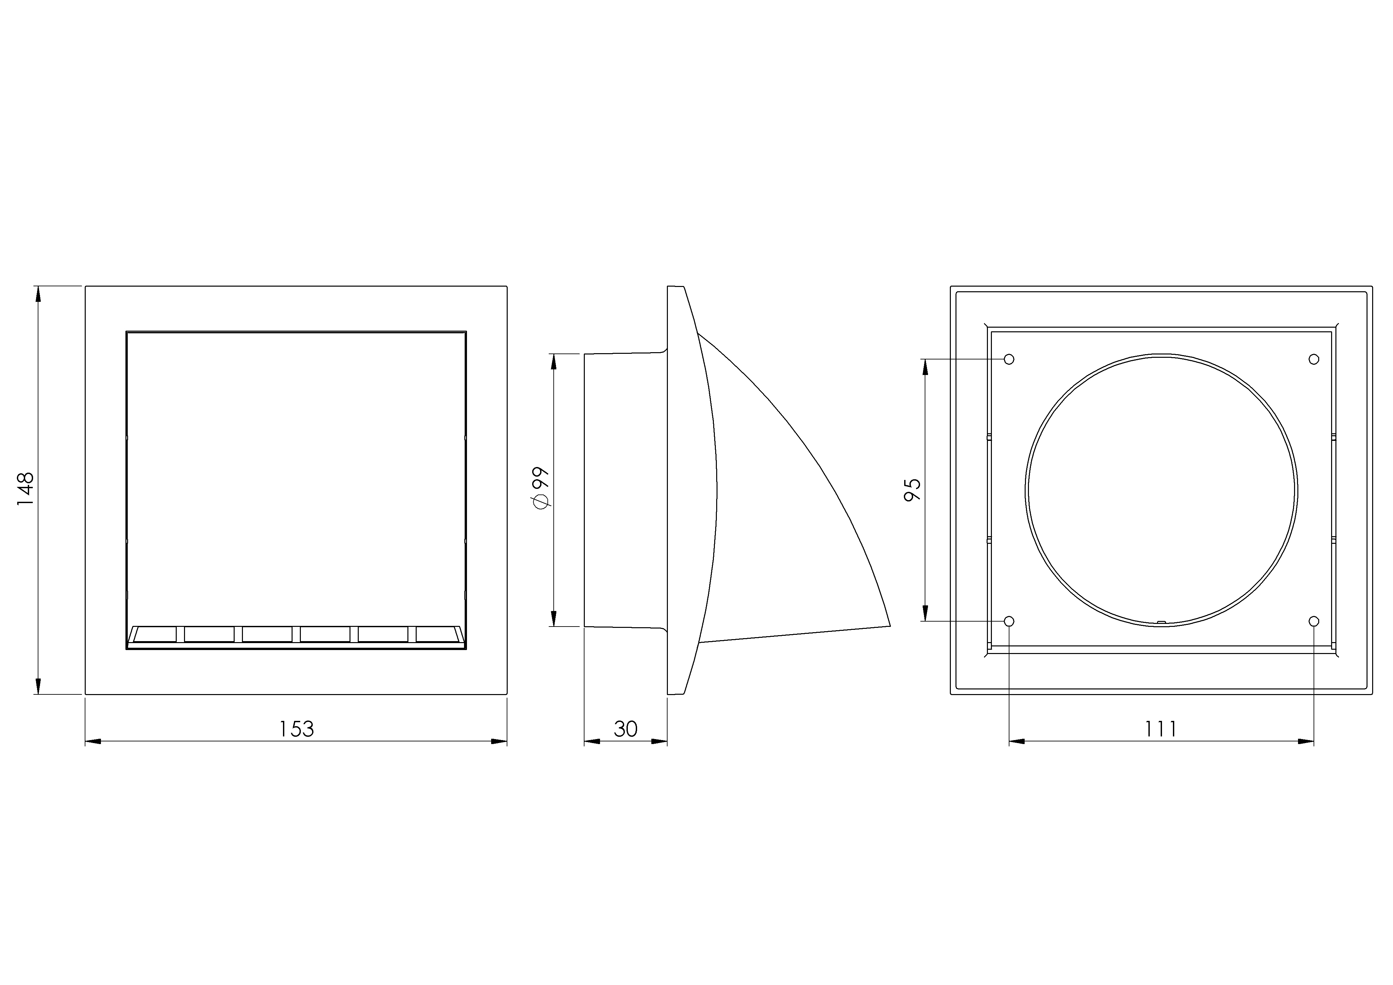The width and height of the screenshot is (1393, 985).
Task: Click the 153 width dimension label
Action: coord(296,729)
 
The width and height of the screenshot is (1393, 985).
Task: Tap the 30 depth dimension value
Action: coord(626,729)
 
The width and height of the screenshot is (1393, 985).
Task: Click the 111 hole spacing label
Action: coord(1161,729)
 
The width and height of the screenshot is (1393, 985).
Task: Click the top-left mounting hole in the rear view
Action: coord(1009,359)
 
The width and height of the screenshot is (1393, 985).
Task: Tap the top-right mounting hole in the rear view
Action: coord(1314,359)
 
